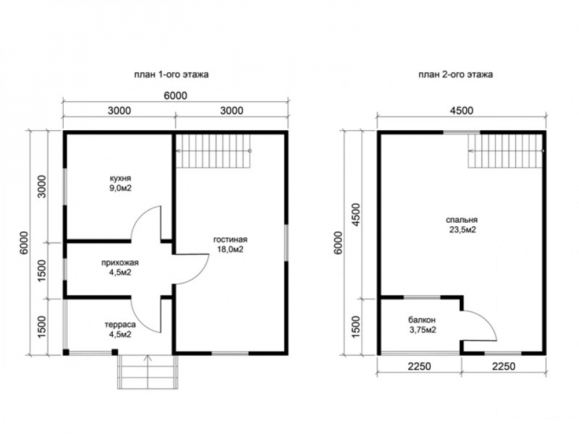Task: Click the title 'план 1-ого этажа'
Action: pyautogui.click(x=171, y=75)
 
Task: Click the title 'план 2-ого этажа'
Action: pyautogui.click(x=455, y=75)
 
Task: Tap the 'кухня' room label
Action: pyautogui.click(x=120, y=178)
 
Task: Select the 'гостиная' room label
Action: pyautogui.click(x=230, y=240)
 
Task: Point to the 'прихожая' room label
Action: pyautogui.click(x=120, y=263)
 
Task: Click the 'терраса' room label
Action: pyautogui.click(x=120, y=325)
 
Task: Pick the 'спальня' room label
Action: pyautogui.click(x=461, y=220)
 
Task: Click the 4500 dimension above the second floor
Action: pyautogui.click(x=461, y=111)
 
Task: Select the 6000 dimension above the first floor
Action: pyautogui.click(x=175, y=95)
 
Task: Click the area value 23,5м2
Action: pyautogui.click(x=461, y=230)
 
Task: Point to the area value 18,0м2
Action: pyautogui.click(x=230, y=249)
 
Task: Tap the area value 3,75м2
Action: pyautogui.click(x=423, y=330)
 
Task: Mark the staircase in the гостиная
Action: pyautogui.click(x=214, y=150)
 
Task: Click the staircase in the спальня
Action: pyautogui.click(x=506, y=150)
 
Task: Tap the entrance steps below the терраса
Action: pyautogui.click(x=148, y=372)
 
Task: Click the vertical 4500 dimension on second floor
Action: pyautogui.click(x=356, y=215)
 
